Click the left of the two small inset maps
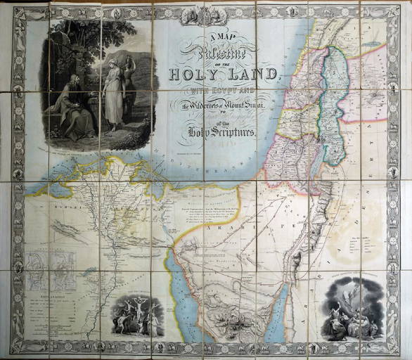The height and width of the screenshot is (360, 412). pyautogui.click(x=41, y=271)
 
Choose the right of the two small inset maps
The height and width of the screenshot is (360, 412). pyautogui.click(x=65, y=271)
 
